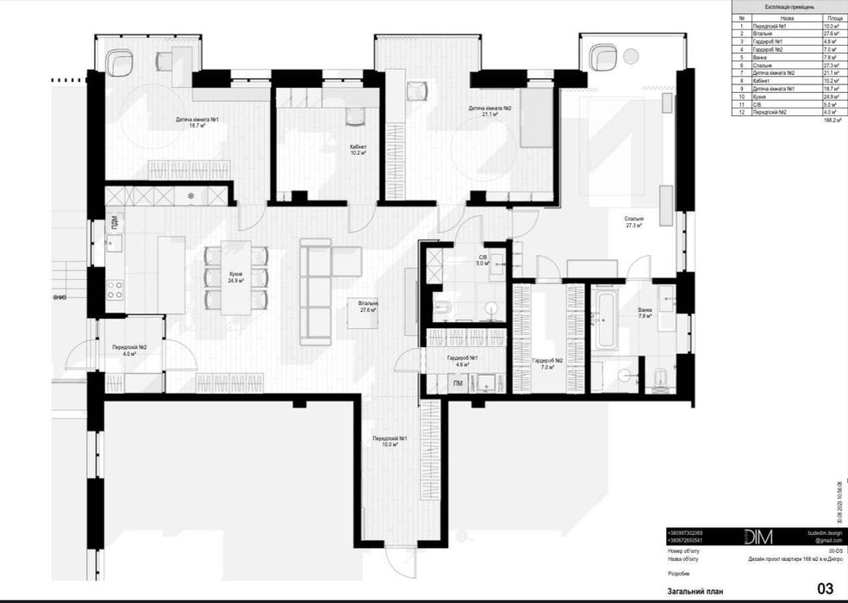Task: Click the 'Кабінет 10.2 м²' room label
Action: (359, 151)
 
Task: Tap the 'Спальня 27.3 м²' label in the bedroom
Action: (635, 222)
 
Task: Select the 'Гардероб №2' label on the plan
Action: (547, 363)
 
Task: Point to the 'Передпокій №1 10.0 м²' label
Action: (390, 441)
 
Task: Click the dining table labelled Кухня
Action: (235, 277)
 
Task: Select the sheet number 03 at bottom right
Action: (825, 589)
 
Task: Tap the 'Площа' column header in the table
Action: (833, 16)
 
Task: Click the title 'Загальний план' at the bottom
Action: (697, 591)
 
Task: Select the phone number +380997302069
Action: (692, 532)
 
